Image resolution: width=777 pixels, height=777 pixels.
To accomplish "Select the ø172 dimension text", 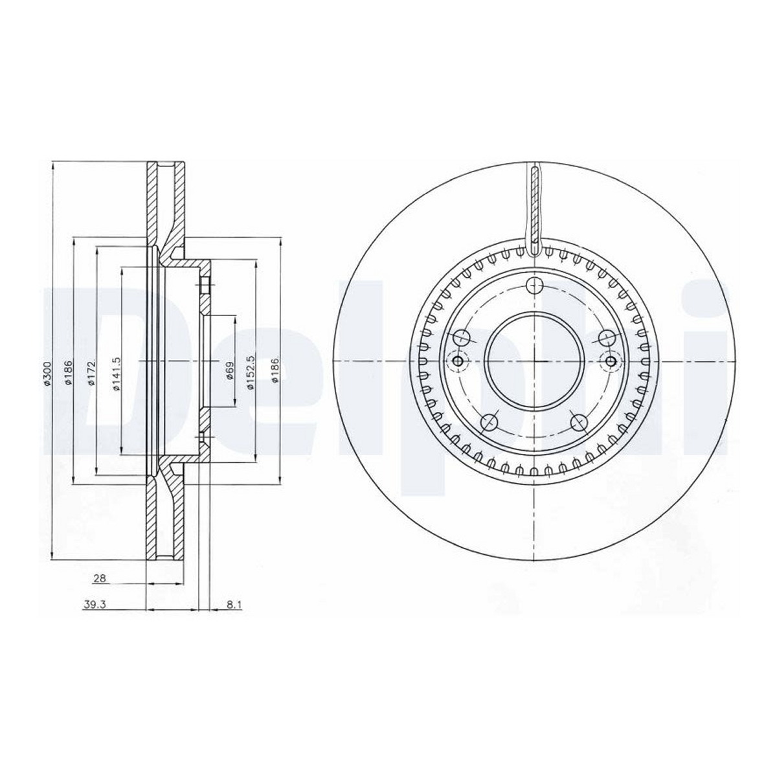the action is click(x=91, y=374).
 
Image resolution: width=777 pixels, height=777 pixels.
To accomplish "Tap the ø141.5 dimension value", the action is click(x=116, y=374).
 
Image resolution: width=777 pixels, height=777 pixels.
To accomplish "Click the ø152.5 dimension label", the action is click(x=251, y=372).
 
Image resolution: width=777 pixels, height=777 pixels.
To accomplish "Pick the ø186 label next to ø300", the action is click(x=69, y=374).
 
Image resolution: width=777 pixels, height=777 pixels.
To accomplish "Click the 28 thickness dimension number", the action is click(x=99, y=579).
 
